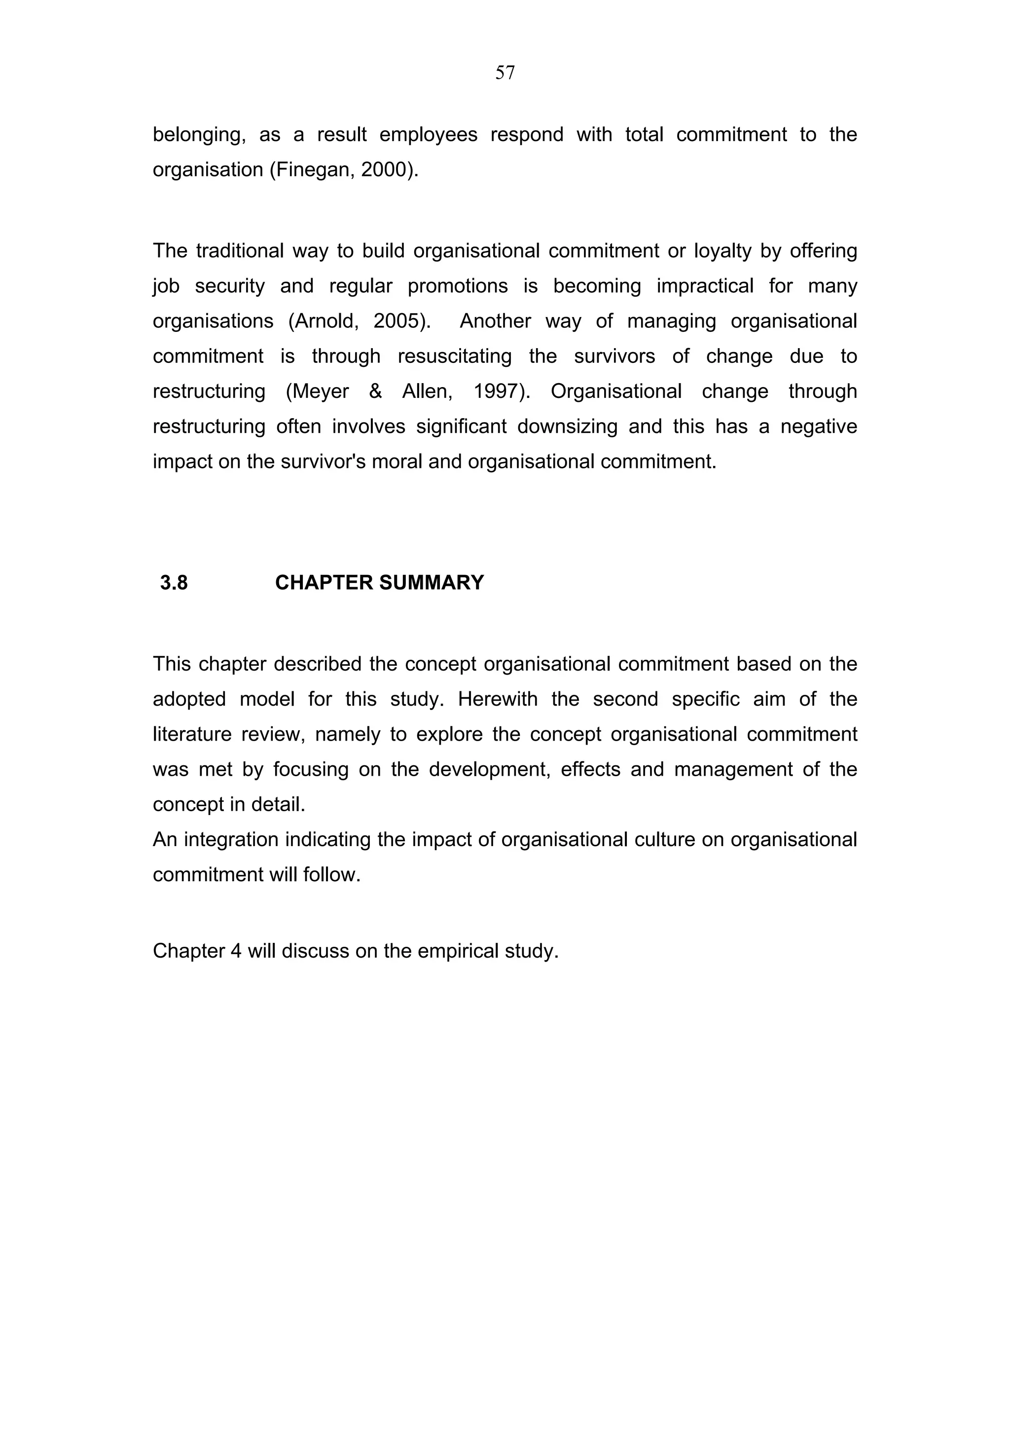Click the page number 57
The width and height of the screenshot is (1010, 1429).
pos(505,73)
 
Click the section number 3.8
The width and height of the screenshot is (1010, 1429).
pos(174,582)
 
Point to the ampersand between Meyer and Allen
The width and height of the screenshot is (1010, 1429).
pos(375,392)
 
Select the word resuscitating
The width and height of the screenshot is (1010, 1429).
pos(454,356)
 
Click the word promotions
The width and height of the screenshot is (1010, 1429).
pos(457,286)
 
